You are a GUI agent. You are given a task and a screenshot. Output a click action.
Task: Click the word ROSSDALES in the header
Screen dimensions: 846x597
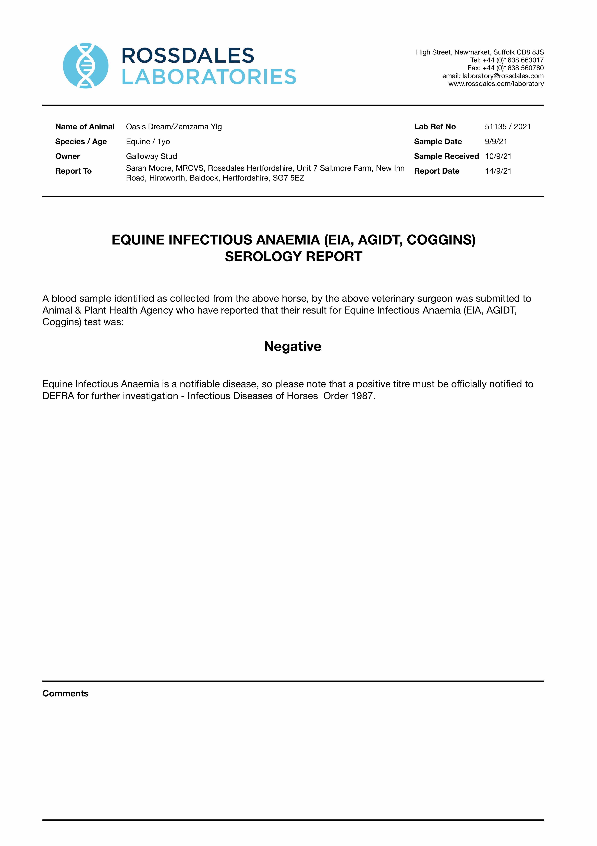point(188,56)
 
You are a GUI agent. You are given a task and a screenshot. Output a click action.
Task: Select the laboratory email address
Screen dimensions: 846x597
point(503,76)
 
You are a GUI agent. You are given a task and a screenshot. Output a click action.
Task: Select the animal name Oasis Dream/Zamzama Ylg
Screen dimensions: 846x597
point(174,127)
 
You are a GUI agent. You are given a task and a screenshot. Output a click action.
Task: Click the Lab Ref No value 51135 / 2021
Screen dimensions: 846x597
point(508,127)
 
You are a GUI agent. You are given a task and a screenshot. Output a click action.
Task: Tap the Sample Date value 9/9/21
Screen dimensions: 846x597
point(496,141)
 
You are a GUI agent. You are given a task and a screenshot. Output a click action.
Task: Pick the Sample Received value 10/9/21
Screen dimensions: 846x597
point(498,156)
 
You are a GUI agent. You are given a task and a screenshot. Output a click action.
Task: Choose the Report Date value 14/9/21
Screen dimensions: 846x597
point(498,171)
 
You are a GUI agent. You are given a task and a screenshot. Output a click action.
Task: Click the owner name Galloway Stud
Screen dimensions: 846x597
point(151,156)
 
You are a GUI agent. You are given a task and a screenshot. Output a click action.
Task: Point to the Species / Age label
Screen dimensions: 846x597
point(81,141)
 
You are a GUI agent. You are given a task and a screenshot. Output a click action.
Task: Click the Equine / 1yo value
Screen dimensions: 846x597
point(148,141)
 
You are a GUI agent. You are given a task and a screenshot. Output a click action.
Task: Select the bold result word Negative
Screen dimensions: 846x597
point(293,346)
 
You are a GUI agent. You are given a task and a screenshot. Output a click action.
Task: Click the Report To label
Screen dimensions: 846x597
point(73,171)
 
